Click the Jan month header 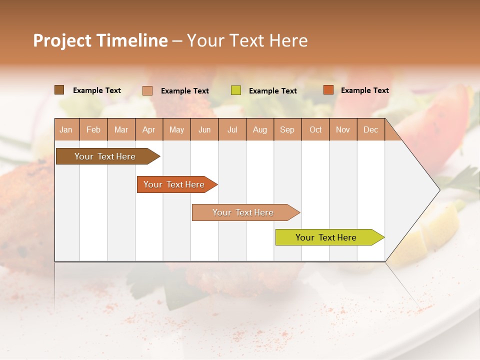pos(66,129)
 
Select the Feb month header pos(93,129)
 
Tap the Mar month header pos(121,129)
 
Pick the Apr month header pos(149,129)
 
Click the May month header pos(176,129)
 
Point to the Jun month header pos(204,129)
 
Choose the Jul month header pos(232,129)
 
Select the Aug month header pos(260,129)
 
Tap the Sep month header pos(287,129)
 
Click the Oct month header pos(315,129)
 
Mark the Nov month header pos(343,129)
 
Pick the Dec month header pos(371,129)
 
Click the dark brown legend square pos(59,90)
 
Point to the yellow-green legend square pos(236,90)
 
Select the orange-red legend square pos(328,90)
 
